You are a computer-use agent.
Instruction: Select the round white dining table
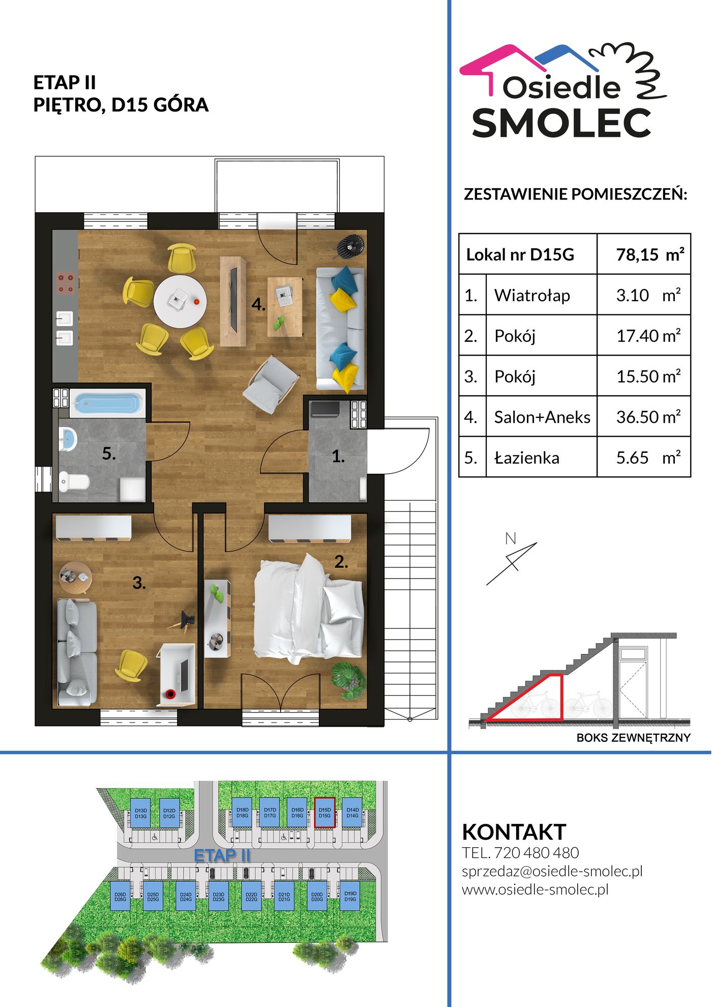[180, 302]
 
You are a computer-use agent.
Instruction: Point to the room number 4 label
[258, 304]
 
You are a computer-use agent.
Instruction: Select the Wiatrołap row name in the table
[532, 295]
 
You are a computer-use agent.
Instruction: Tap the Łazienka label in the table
[527, 457]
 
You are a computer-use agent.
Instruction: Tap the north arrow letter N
[511, 538]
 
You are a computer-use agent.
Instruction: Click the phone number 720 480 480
[537, 853]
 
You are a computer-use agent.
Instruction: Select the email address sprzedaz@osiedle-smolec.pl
[552, 871]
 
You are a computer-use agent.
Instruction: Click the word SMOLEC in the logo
[562, 123]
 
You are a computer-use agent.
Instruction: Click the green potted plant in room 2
[348, 680]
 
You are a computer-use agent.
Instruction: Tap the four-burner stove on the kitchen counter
[66, 283]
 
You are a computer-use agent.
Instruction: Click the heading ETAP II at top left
[65, 82]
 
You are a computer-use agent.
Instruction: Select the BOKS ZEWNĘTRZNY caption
[633, 738]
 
